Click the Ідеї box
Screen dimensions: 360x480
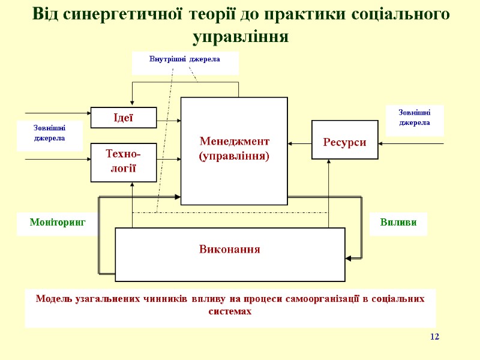click(123, 118)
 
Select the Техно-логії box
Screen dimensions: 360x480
click(123, 163)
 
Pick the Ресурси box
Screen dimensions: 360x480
click(344, 142)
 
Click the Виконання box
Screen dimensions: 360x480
click(230, 249)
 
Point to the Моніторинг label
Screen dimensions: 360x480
click(58, 223)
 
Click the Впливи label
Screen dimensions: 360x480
click(398, 223)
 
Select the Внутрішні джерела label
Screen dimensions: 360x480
click(185, 59)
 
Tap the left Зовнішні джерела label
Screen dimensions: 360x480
click(49, 133)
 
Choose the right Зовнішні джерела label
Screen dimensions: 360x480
click(414, 117)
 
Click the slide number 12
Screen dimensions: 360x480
click(434, 337)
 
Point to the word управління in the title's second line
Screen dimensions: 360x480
click(241, 37)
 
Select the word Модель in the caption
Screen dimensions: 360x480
click(54, 298)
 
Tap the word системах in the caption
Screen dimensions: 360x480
click(230, 312)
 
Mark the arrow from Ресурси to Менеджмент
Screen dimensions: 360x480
click(299, 143)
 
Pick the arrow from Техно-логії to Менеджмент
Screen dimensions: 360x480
click(169, 159)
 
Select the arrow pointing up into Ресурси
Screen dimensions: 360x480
click(329, 192)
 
